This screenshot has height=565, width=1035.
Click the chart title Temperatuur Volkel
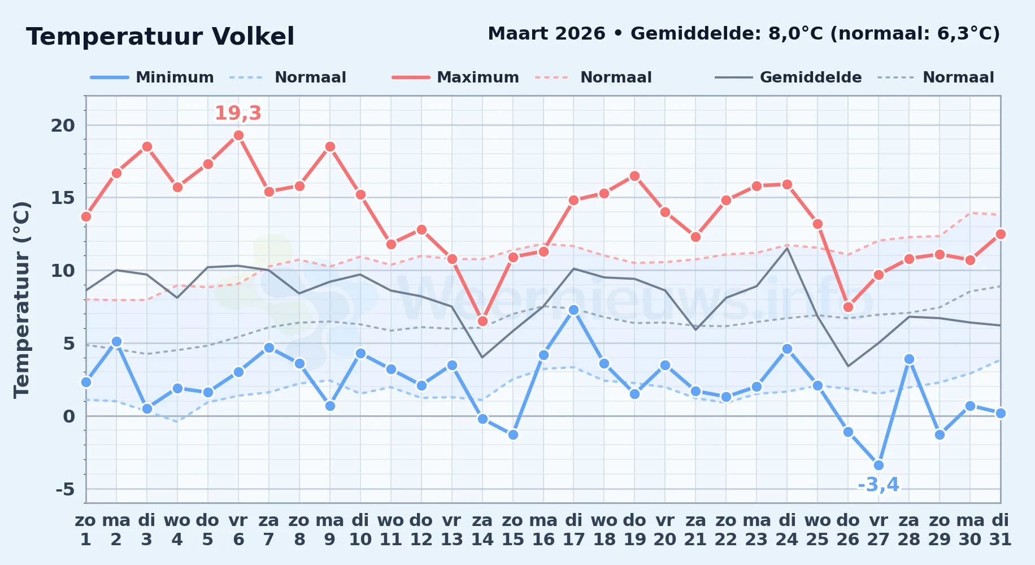[160, 37]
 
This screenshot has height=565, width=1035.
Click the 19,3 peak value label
[238, 113]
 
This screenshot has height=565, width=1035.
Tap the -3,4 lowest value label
[879, 485]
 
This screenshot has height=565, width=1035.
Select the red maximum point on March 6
[238, 135]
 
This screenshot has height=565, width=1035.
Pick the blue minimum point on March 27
[879, 466]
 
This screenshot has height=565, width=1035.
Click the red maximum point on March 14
[482, 321]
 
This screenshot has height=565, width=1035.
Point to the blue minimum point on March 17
[573, 310]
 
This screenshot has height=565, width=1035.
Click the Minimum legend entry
[152, 77]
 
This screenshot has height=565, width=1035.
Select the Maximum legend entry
[455, 77]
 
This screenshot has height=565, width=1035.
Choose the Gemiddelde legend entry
[788, 77]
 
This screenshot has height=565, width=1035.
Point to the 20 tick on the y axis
[63, 125]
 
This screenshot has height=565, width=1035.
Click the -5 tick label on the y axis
[65, 489]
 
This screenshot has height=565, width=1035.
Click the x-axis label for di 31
[1000, 529]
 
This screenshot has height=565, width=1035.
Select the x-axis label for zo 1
[86, 529]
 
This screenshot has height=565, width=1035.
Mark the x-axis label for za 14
[482, 529]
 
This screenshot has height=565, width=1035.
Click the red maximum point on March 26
[848, 307]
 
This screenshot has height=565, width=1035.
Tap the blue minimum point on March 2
[116, 341]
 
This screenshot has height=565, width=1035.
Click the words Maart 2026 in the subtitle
[546, 33]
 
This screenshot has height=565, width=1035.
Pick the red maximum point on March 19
[634, 176]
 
